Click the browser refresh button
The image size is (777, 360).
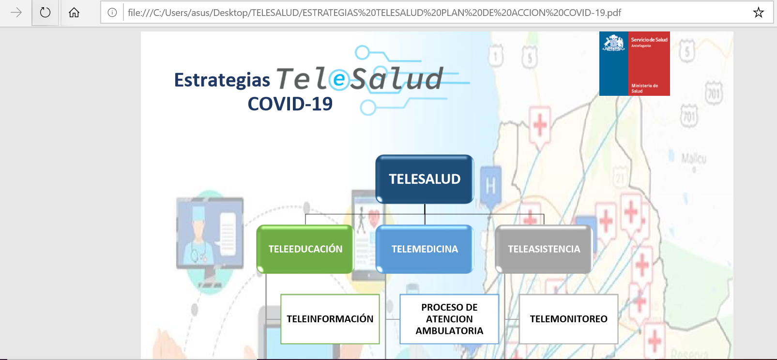(x=45, y=13)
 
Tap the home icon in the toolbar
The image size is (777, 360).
(x=74, y=13)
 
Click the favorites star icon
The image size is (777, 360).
(x=758, y=13)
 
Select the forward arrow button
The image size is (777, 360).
(x=16, y=13)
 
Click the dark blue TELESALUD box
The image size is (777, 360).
(x=425, y=179)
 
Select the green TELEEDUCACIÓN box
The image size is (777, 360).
(x=305, y=249)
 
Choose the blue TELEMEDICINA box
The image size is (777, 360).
(x=425, y=249)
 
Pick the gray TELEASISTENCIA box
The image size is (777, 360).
(x=544, y=249)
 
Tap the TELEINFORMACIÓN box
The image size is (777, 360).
(x=330, y=319)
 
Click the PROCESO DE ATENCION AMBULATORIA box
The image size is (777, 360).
(x=449, y=319)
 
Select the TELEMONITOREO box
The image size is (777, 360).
(x=568, y=319)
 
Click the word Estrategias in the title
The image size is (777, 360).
(x=222, y=80)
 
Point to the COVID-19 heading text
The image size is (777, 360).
(x=290, y=104)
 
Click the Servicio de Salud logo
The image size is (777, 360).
(x=634, y=64)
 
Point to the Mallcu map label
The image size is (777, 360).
(x=694, y=159)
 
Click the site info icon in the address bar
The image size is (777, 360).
(x=112, y=13)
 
